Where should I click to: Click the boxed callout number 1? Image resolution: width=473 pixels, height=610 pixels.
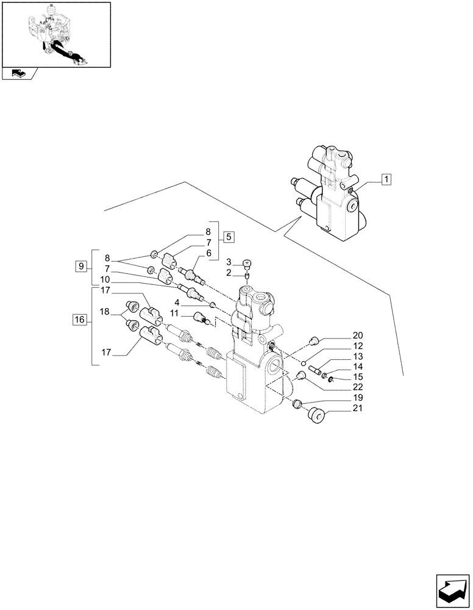386,179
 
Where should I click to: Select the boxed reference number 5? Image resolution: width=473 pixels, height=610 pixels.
228,237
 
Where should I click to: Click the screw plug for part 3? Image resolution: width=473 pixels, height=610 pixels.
247,264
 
